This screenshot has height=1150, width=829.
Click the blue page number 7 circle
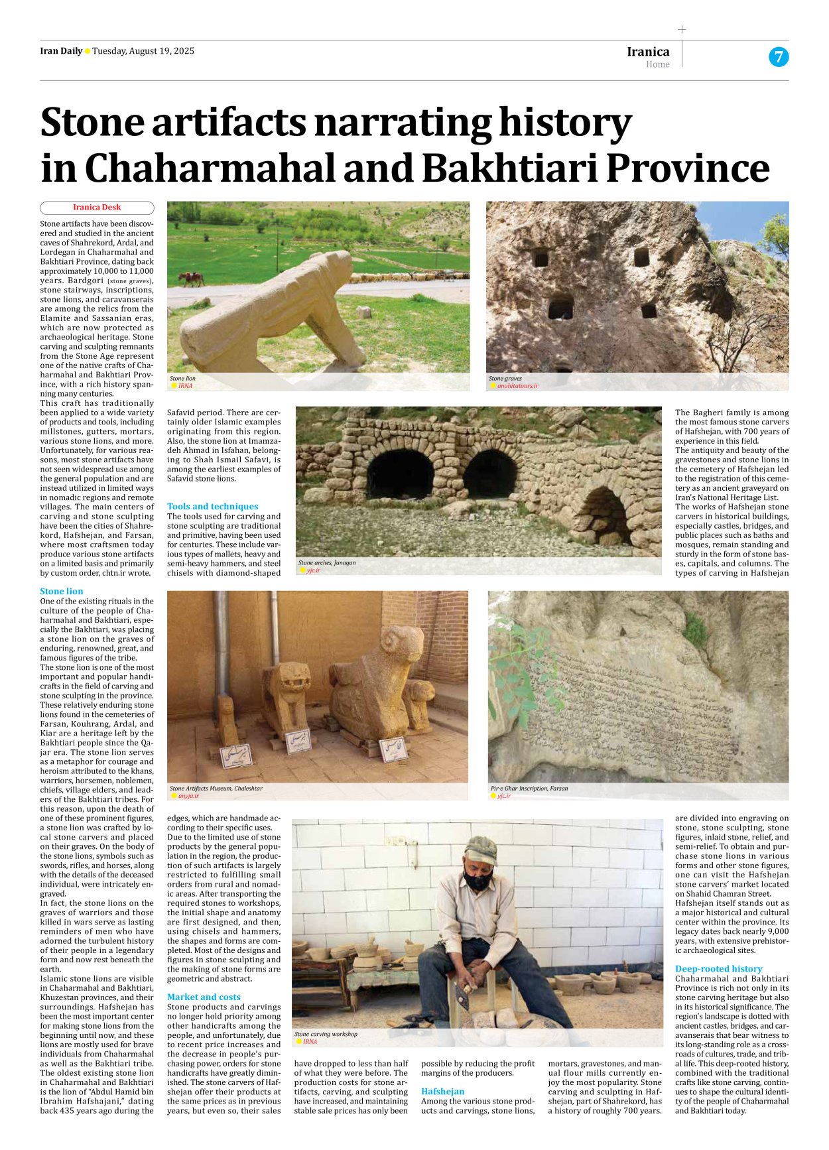pos(779,57)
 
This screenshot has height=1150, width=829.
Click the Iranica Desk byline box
pos(97,208)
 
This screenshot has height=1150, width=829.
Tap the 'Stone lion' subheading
pos(62,591)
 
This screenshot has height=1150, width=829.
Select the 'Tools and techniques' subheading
pos(212,506)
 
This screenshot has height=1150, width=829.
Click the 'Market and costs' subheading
pos(204,997)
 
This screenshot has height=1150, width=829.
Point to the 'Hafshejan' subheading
pos(442,1091)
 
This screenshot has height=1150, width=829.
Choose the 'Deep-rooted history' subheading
pos(718,968)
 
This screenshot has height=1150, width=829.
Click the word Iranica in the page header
pos(648,52)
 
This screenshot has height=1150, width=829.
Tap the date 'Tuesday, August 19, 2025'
pos(143,51)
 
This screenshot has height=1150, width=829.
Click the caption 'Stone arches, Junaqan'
pos(327,562)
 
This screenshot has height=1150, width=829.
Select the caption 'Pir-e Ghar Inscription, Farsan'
pos(529,789)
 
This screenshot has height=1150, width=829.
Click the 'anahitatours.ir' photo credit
pos(517,385)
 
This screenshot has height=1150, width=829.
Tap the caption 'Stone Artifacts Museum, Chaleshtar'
pos(216,789)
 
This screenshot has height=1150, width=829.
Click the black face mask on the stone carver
pos(477,881)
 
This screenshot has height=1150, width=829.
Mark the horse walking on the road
pos(191,279)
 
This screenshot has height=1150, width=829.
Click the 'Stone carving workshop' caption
pos(326,1034)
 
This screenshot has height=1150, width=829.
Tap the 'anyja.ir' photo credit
pos(188,796)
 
